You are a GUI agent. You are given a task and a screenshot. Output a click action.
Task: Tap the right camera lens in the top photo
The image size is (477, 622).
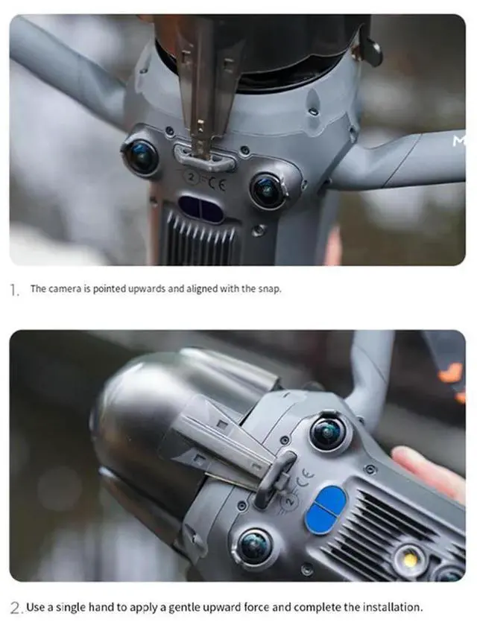click(268, 190)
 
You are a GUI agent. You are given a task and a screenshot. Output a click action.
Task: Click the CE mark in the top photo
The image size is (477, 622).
click(217, 183)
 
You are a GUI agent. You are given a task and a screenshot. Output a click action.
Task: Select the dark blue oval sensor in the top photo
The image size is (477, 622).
click(200, 209)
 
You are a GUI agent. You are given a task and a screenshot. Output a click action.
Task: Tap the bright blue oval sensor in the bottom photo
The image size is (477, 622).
click(325, 509)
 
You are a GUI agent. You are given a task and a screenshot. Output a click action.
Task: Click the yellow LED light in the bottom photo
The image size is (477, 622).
click(410, 559)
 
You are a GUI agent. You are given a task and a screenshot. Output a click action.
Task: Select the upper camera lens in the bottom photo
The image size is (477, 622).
click(328, 433)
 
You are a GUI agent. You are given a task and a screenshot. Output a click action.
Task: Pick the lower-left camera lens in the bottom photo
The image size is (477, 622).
click(254, 548)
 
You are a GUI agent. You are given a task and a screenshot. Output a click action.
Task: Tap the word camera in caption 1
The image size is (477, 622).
click(64, 289)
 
